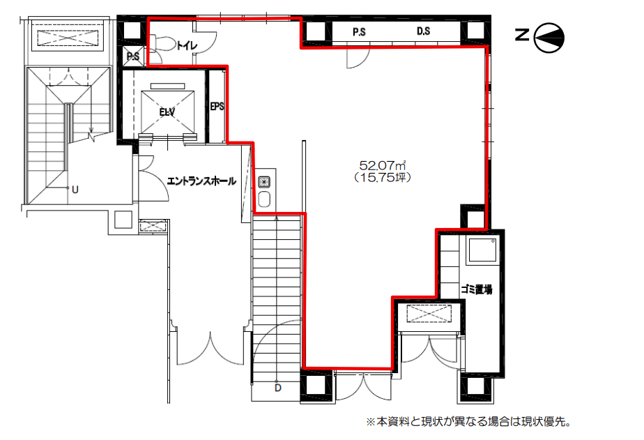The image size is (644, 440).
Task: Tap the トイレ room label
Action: pos(187,45)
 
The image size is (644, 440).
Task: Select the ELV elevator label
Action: pos(167,112)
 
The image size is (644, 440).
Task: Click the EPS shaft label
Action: pos(217,107)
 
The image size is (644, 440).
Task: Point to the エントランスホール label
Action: pos(201,181)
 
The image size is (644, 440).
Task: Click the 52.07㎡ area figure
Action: pos(383,165)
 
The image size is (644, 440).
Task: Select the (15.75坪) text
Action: pos(383,178)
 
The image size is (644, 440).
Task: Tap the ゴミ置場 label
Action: pos(477,289)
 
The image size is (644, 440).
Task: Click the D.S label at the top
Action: pos(424,31)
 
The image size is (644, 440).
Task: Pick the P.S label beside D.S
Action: pos(360,31)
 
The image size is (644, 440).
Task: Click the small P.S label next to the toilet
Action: pos(132,56)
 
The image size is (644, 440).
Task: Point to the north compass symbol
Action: pos(549,38)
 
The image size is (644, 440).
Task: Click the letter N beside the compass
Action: pos(522,35)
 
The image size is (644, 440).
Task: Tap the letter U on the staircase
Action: pos(75,190)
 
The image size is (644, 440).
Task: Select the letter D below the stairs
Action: pos(278,388)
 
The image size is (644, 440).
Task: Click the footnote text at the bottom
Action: pos(468,422)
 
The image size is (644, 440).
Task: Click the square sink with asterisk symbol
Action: pos(264,182)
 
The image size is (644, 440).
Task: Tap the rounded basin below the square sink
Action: pos(264,199)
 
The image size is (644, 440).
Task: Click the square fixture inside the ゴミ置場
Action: pos(482,250)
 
